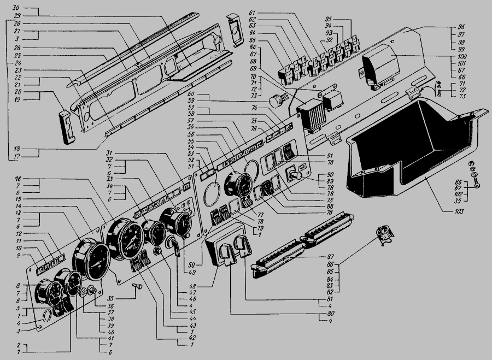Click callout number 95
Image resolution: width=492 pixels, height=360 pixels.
(x=328, y=20)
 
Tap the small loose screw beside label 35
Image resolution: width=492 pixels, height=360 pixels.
(x=137, y=286)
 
